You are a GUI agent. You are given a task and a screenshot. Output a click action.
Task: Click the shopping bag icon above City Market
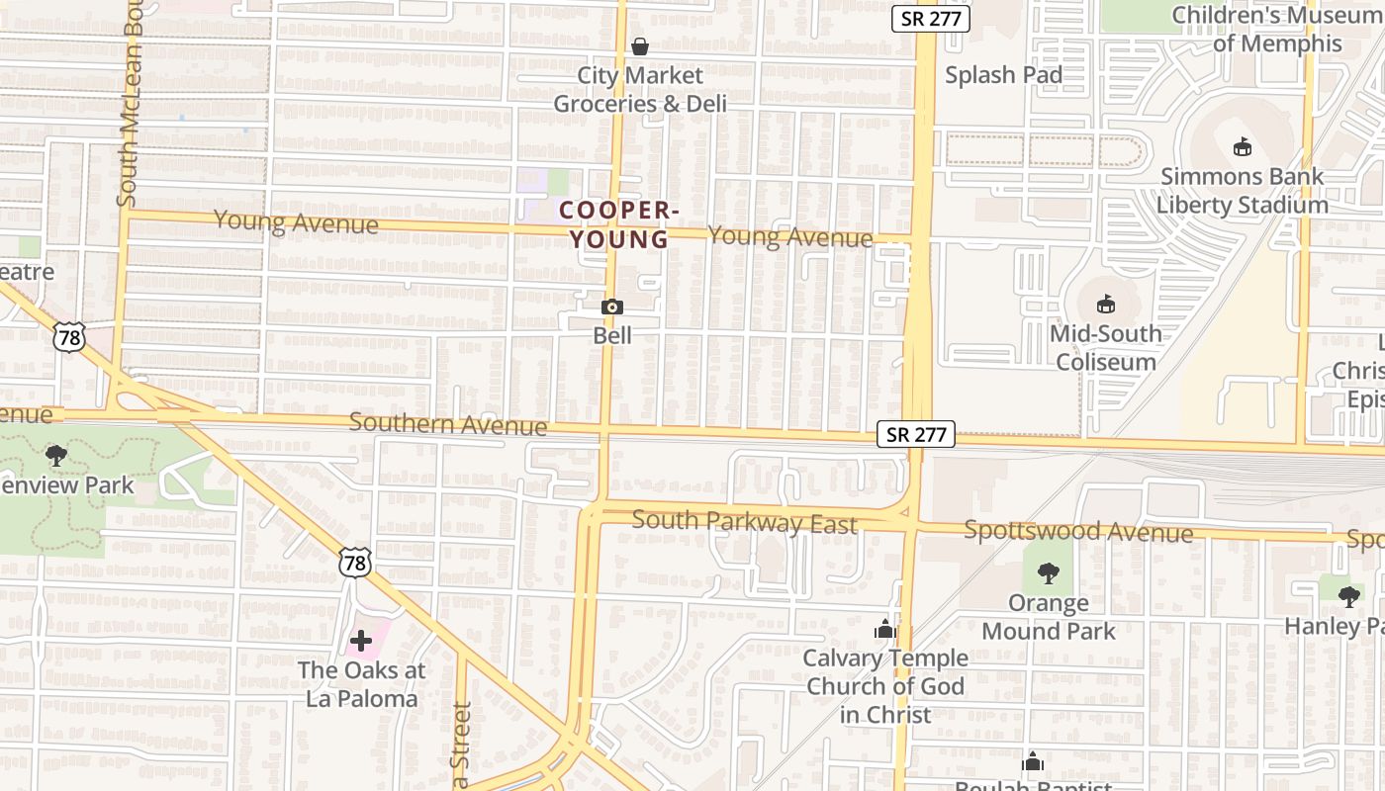click(640, 46)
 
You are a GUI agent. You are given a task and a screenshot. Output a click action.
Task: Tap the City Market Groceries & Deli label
click(640, 90)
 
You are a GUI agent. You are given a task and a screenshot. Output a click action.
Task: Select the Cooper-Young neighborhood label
click(618, 224)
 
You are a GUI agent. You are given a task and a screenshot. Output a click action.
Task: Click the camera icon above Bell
click(612, 308)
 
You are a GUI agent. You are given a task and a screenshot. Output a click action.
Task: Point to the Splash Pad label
click(1003, 75)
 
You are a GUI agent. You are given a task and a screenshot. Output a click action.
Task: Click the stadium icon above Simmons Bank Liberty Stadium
click(1243, 148)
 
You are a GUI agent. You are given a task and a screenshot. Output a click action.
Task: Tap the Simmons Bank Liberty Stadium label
click(1243, 191)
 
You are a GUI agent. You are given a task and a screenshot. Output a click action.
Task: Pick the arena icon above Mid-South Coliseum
click(1106, 305)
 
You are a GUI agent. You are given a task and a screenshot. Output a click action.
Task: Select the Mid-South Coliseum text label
click(1106, 347)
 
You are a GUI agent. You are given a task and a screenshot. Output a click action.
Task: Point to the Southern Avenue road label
click(447, 424)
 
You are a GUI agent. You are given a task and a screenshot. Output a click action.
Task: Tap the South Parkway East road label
click(744, 521)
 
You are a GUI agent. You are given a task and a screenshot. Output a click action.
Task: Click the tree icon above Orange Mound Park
click(1049, 573)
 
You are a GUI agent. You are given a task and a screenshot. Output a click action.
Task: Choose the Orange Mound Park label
click(1049, 617)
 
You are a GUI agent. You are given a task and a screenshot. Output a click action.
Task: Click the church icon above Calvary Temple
click(885, 629)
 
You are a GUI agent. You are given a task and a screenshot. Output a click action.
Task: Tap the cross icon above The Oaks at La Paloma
click(361, 641)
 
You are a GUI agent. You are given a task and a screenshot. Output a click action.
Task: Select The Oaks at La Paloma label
click(361, 684)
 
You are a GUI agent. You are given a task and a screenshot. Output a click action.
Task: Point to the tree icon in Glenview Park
click(56, 456)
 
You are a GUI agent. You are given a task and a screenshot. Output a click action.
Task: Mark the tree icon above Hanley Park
click(1348, 596)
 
